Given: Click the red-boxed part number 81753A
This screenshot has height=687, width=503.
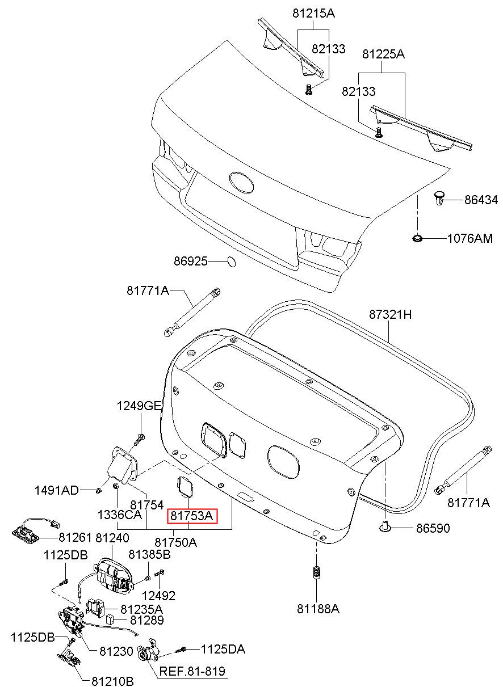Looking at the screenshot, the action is (x=192, y=516).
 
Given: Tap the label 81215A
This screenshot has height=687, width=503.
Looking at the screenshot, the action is (x=313, y=13).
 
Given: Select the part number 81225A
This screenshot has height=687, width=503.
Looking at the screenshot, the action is (x=383, y=54).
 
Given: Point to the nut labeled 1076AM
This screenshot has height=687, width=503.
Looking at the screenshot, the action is (x=417, y=238).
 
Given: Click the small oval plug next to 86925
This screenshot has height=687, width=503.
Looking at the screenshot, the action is (x=232, y=262).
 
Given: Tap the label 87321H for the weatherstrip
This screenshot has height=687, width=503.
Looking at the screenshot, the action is (x=390, y=314).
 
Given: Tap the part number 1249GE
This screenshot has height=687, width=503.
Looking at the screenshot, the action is (x=139, y=406).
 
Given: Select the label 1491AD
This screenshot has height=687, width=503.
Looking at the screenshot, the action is (x=57, y=490).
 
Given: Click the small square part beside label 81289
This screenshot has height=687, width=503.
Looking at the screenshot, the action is (x=110, y=619).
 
